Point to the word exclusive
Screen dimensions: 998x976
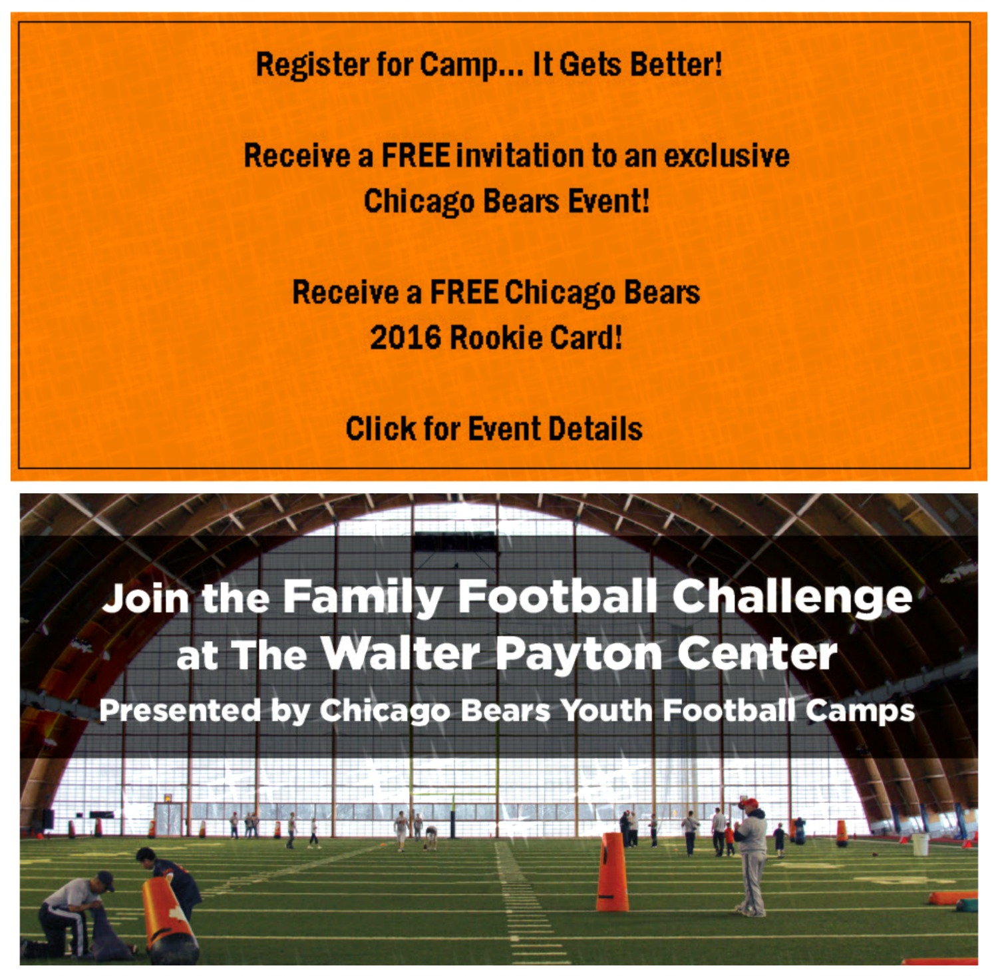coord(727,155)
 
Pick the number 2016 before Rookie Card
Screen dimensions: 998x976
coord(405,338)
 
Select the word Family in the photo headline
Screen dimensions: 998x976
coord(363,597)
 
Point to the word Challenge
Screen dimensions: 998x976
coord(792,597)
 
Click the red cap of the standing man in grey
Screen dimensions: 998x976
coord(750,803)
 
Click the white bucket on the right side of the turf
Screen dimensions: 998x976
coord(920,845)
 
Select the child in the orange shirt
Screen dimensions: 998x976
coord(730,840)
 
